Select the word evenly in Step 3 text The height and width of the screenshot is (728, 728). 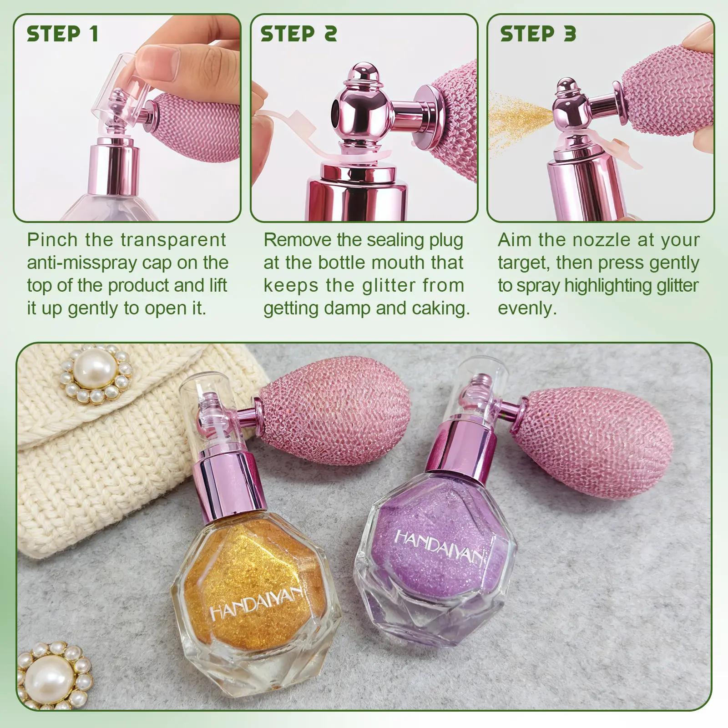pyautogui.click(x=527, y=309)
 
